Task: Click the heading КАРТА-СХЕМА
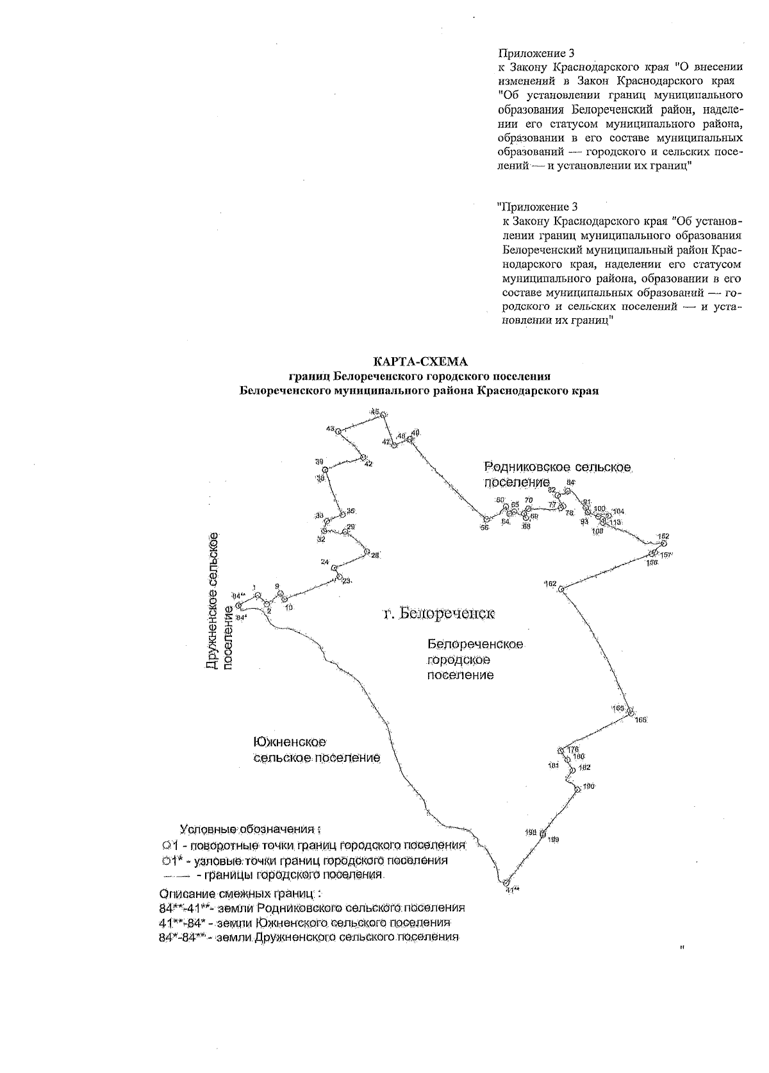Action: click(416, 363)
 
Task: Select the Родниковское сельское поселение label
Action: click(558, 475)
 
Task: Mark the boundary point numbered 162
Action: click(561, 589)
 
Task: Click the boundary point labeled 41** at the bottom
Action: click(506, 882)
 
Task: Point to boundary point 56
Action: click(486, 520)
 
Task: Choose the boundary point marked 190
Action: click(577, 790)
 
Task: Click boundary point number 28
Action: click(366, 552)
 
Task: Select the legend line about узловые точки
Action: click(305, 860)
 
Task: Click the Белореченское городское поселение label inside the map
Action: click(475, 659)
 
